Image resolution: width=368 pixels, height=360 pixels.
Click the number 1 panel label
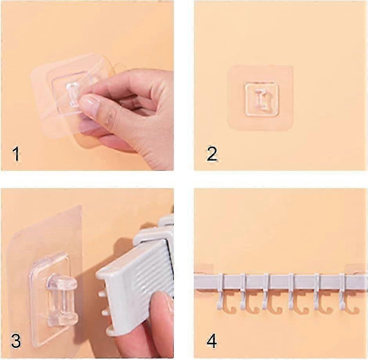[16, 154]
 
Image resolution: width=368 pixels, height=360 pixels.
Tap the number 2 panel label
[212, 154]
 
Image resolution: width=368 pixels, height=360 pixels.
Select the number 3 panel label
[16, 341]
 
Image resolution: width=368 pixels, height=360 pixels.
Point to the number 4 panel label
[212, 341]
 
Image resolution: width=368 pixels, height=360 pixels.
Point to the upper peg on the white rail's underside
[101, 294]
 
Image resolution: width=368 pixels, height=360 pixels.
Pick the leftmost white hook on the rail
[220, 291]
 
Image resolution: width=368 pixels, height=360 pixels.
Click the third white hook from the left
[266, 291]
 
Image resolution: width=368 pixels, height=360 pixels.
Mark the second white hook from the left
[243, 291]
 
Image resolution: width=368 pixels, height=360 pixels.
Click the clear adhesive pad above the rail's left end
[205, 269]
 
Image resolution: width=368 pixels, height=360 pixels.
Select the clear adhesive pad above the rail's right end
[356, 269]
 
